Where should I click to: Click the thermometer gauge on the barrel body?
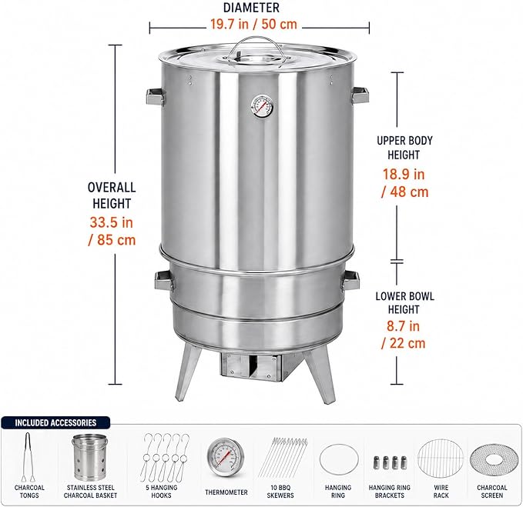point(262,107)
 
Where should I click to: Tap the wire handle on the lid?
point(256,40)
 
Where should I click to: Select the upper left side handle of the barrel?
point(156,97)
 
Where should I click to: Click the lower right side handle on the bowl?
point(351,280)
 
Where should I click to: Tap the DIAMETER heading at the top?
point(251,8)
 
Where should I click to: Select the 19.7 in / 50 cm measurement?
point(253,24)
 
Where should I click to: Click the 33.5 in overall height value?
point(112,222)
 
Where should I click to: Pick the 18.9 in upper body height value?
point(404,174)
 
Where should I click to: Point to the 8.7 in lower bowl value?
point(403,325)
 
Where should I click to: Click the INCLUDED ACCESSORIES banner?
point(55,422)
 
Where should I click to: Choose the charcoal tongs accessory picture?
point(28,457)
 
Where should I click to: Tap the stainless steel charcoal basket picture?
point(90,457)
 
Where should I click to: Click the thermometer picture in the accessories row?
point(226,458)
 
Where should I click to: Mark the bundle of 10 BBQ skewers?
point(283,457)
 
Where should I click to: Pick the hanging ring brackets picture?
point(390,462)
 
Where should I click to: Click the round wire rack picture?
point(441,459)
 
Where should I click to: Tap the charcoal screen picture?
point(492,460)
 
